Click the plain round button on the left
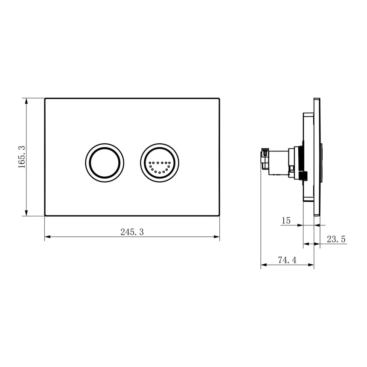pyautogui.click(x=105, y=163)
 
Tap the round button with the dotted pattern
pyautogui.click(x=160, y=163)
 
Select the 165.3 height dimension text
pyautogui.click(x=22, y=157)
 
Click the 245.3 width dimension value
pyautogui.click(x=132, y=232)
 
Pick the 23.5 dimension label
pyautogui.click(x=336, y=240)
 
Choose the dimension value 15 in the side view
pyautogui.click(x=285, y=221)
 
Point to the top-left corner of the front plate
pyautogui.click(x=45, y=99)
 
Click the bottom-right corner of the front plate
pyautogui.click(x=219, y=215)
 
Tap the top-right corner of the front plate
pyautogui.click(x=219, y=99)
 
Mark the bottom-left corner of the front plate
pyautogui.click(x=45, y=215)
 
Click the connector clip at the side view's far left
pyautogui.click(x=265, y=154)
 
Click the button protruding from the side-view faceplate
pyautogui.click(x=322, y=162)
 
